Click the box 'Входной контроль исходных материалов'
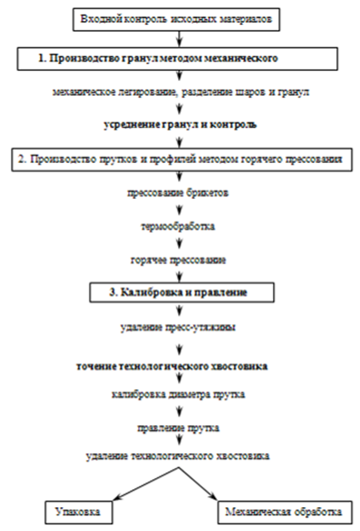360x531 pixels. (177, 19)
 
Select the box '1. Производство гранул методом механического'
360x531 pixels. (177, 58)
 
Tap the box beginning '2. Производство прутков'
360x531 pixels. (180, 160)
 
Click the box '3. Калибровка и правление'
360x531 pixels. (182, 292)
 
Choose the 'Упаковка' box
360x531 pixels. (78, 511)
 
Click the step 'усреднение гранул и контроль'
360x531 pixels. (180, 125)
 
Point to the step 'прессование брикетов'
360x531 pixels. (178, 193)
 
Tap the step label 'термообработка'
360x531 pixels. (178, 226)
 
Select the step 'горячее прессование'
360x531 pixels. (178, 260)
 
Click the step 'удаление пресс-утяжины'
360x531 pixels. (178, 328)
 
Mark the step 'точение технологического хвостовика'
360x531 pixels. (172, 366)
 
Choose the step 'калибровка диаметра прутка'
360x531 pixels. (178, 394)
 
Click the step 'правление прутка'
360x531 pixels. (178, 428)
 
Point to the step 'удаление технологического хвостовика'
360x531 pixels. (178, 456)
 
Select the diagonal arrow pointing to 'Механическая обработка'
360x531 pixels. (198, 484)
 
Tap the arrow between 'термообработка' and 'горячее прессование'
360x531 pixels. (180, 243)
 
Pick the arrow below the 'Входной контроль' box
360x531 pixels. (180, 39)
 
